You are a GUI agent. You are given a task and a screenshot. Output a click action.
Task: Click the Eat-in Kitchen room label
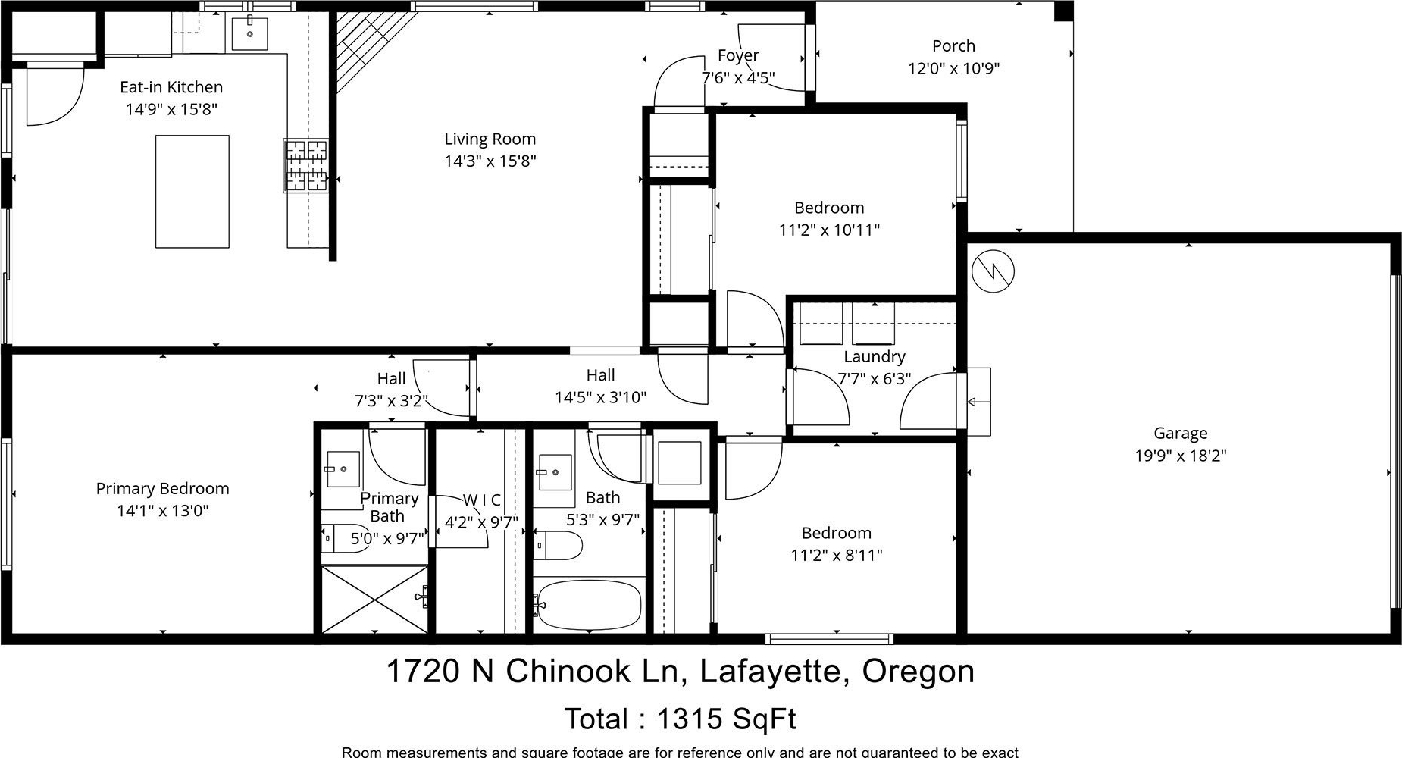click(171, 87)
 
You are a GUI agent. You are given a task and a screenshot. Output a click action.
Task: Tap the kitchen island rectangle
click(192, 191)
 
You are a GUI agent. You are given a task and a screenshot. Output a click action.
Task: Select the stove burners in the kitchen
click(306, 164)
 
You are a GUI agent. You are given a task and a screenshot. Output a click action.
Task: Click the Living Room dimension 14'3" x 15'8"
click(490, 161)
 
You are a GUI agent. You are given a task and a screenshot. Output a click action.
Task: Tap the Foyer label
click(738, 55)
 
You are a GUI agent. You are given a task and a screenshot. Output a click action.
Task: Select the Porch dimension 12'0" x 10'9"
click(954, 68)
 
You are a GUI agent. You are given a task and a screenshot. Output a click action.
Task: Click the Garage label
click(1180, 434)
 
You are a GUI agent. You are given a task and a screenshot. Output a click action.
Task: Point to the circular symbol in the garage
click(991, 271)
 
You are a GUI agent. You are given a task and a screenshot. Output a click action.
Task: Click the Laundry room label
click(875, 356)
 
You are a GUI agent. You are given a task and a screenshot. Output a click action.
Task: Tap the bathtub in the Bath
click(587, 605)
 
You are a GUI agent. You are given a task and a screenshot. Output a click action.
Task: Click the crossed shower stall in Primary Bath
click(374, 599)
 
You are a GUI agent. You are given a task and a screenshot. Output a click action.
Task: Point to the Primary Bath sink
click(343, 470)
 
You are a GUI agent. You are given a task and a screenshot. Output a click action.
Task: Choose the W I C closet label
click(482, 500)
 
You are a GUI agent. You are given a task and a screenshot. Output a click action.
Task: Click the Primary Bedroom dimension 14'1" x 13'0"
click(162, 511)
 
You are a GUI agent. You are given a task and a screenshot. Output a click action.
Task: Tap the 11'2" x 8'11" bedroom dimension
click(837, 555)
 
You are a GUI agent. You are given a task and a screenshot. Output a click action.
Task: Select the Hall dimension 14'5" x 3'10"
click(600, 397)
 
